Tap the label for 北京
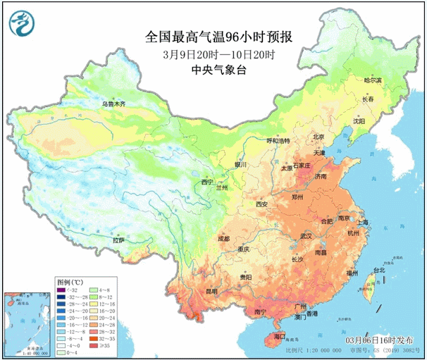pyautogui.click(x=319, y=137)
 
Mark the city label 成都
pyautogui.click(x=223, y=239)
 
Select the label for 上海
pyautogui.click(x=364, y=222)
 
